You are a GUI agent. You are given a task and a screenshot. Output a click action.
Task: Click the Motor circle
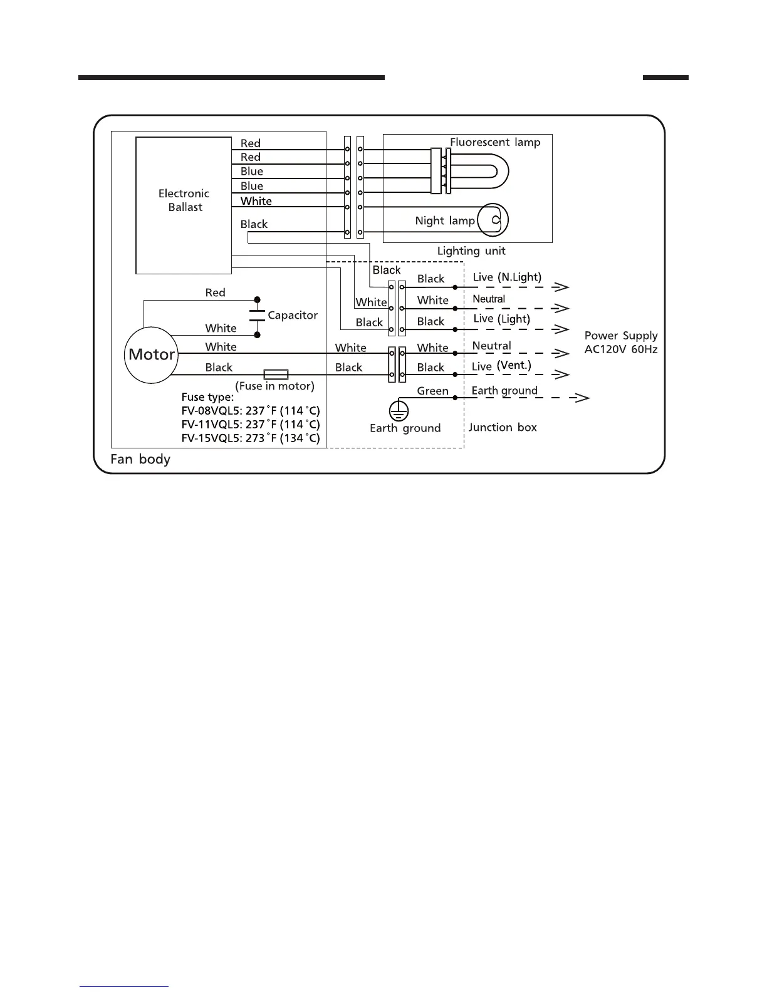coord(151,354)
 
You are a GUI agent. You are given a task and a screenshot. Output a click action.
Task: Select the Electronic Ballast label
coord(184,200)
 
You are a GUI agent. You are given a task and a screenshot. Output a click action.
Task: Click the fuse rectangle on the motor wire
coord(276,375)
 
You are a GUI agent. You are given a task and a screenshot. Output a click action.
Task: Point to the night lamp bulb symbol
coord(493,220)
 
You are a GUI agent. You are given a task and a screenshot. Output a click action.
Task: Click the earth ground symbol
coord(399,411)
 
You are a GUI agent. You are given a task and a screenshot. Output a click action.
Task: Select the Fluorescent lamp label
coord(495,142)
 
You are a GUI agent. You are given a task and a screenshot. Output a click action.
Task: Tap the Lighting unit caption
coord(471,251)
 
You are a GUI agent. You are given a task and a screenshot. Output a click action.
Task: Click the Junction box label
coord(503,427)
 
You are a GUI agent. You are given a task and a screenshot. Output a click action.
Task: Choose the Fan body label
coord(140,459)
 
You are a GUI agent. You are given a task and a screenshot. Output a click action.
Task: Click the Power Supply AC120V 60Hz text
coord(621,343)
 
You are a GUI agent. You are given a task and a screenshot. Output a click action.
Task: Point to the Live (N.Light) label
coord(507,277)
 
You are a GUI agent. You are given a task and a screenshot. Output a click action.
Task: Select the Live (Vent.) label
coord(501,366)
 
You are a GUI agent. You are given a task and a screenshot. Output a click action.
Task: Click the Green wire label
coord(433,391)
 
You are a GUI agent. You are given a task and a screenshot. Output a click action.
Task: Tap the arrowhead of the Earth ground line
coord(583,398)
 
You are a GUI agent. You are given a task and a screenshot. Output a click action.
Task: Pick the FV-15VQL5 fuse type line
coord(251,438)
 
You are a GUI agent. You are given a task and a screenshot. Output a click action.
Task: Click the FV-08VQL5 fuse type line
coord(251,411)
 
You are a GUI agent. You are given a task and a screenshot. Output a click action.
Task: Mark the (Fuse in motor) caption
coord(274,386)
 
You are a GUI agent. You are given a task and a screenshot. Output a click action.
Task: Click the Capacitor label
coord(293,315)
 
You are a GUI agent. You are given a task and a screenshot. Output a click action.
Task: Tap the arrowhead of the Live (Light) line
coord(562,329)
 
